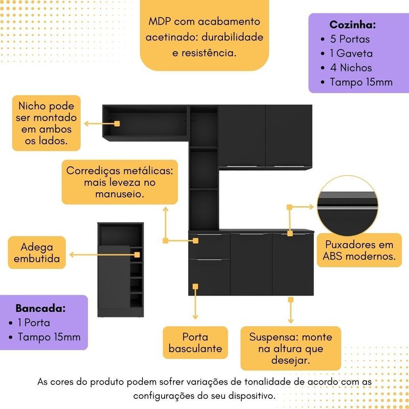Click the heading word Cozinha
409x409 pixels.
coord(353,25)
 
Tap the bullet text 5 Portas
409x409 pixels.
coord(350,39)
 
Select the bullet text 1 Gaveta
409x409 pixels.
coord(351,53)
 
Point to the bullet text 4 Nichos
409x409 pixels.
coord(351,67)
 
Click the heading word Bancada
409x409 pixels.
coord(40,308)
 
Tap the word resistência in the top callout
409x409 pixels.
coord(210,52)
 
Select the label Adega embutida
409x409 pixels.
coord(37,252)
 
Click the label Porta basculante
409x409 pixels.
coord(196,343)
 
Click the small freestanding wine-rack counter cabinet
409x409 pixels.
coord(119,269)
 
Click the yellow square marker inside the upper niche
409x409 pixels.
coord(117,124)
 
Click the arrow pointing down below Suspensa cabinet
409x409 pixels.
coord(290,312)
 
